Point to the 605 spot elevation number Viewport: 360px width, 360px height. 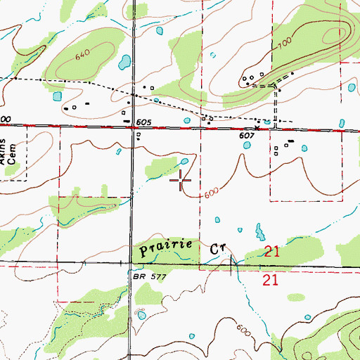pos(144,122)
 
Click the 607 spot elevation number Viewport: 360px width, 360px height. pos(245,136)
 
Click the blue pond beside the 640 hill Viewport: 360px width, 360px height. pos(124,62)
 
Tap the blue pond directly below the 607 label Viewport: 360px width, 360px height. pos(247,146)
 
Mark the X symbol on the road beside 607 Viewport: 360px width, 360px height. pos(257,128)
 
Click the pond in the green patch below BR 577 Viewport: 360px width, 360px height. pos(143,316)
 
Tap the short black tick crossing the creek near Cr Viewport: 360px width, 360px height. pos(231,264)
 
